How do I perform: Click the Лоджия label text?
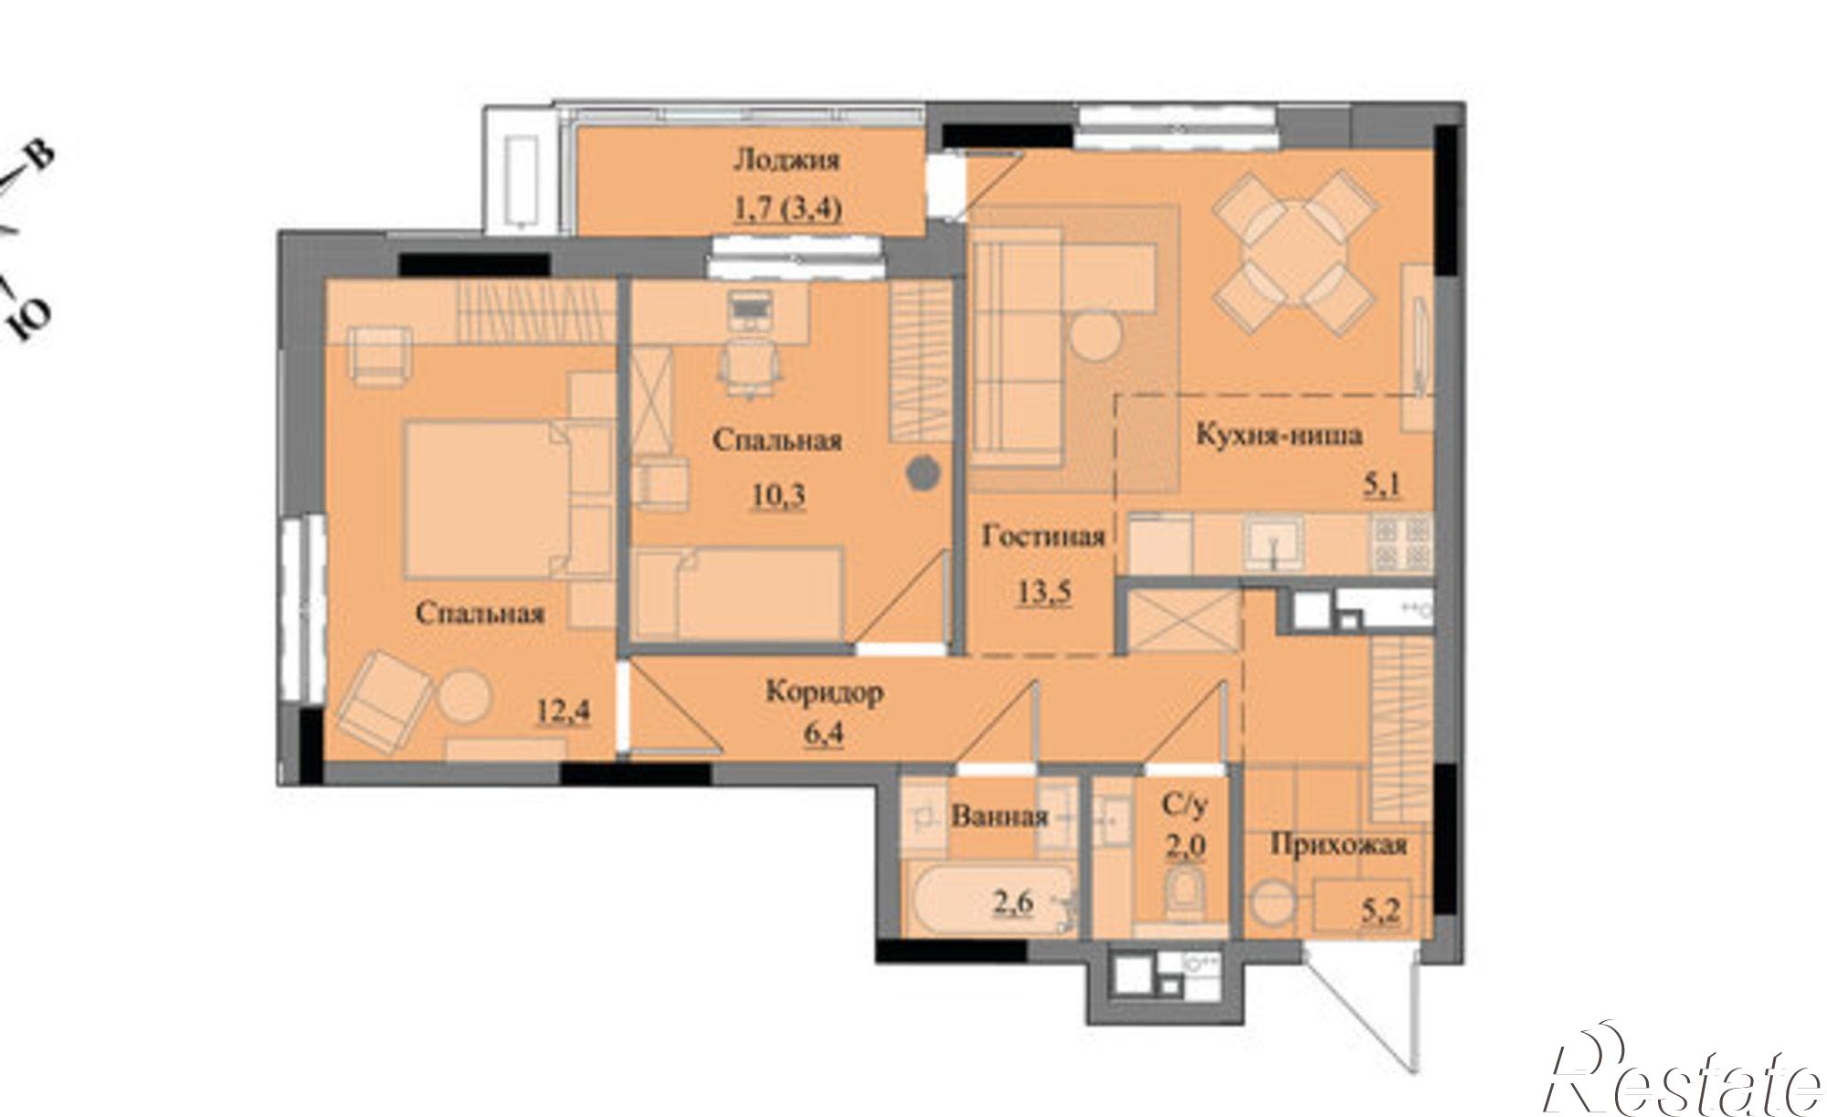pos(786,161)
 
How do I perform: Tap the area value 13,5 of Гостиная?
pos(1044,591)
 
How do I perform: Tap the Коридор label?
pos(824,692)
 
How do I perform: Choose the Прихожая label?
pos(1338,845)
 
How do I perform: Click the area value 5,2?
pos(1381,909)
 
